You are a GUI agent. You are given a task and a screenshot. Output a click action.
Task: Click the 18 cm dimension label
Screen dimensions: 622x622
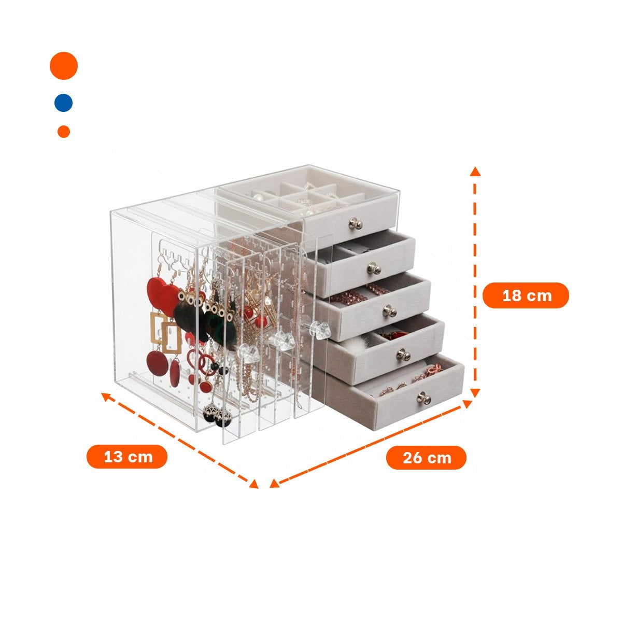526,295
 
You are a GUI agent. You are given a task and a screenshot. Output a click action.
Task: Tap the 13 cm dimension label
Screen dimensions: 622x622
127,457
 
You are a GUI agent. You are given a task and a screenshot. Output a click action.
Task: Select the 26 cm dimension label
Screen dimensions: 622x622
426,458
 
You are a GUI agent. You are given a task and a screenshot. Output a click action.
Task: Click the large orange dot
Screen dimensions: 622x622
64,65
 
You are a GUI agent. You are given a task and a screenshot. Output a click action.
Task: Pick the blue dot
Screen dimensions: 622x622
63,103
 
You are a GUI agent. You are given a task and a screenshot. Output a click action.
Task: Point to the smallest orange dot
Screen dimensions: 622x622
64,132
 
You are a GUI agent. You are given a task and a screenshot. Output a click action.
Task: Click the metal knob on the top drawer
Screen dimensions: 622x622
356,223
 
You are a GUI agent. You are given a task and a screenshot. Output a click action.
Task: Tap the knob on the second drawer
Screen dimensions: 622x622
374,268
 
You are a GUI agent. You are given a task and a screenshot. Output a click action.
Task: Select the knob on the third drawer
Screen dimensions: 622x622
389,311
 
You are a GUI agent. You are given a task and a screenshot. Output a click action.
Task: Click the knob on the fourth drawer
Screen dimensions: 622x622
403,355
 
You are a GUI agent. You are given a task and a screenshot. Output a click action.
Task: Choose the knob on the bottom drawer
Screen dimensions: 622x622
424,398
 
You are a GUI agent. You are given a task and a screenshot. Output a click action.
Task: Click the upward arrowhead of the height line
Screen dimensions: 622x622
475,172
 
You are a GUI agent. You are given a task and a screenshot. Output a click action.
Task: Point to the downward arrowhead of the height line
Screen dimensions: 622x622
474,392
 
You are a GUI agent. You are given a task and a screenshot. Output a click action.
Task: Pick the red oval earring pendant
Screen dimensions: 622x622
175,373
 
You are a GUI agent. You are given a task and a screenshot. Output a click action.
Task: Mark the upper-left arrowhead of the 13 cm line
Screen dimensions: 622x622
107,396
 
